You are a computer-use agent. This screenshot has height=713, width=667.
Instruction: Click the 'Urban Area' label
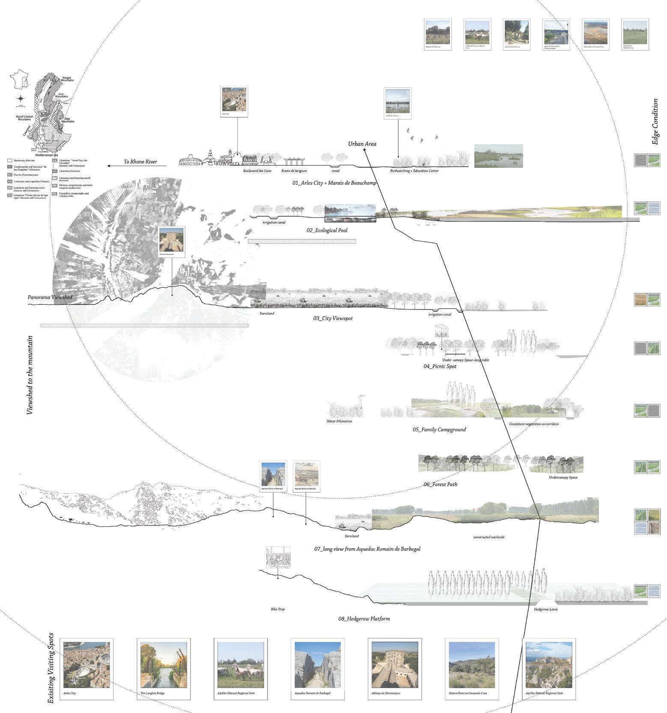(x=362, y=144)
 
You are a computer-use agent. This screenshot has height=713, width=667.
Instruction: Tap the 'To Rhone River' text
(x=140, y=162)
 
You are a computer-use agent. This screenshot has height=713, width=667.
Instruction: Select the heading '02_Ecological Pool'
(x=327, y=230)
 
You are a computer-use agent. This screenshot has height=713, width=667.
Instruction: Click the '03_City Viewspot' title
(x=333, y=319)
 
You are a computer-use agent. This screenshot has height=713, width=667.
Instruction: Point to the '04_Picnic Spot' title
(x=440, y=366)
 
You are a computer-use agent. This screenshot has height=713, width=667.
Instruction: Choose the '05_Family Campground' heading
(x=439, y=430)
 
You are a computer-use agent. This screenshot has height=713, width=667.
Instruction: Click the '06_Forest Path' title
(x=440, y=484)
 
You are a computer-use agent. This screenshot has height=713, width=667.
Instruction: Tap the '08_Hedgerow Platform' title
(x=364, y=619)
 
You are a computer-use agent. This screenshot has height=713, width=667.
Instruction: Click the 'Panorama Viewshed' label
(x=50, y=297)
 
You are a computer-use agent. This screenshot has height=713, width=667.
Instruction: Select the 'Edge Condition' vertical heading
(x=655, y=122)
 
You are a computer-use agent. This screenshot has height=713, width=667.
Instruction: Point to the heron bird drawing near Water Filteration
(x=360, y=405)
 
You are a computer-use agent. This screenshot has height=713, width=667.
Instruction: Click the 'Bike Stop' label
(x=277, y=609)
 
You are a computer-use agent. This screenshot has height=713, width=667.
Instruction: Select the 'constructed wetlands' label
(x=488, y=537)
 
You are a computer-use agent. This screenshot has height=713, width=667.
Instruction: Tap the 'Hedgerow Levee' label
(x=545, y=609)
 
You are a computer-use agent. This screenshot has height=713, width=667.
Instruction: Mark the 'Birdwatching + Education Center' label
(x=414, y=171)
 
